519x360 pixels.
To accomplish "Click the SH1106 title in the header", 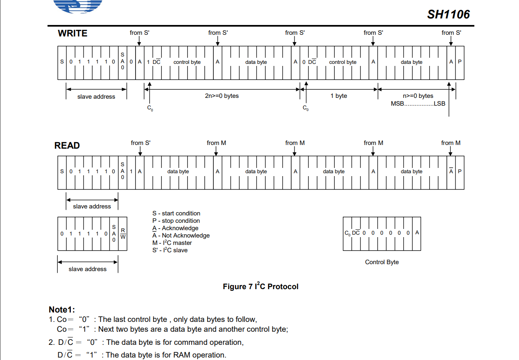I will (448, 14).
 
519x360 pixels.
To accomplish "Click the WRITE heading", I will (73, 34).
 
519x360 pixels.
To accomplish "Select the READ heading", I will (67, 145).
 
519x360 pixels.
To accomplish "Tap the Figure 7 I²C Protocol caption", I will (261, 286).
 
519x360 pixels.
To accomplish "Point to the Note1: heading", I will (62, 309).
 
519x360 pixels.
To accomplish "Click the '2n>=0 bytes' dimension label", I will (222, 96).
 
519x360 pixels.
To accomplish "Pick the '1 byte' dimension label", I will (339, 96).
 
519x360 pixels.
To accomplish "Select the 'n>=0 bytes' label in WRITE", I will (418, 96).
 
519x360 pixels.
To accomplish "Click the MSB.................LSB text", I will (418, 104).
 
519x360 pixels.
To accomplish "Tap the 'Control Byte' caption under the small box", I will (382, 262).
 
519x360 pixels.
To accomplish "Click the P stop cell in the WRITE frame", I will (460, 62).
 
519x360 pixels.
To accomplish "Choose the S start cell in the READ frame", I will (62, 171).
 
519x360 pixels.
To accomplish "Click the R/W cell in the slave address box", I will (123, 233).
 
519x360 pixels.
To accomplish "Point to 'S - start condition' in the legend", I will (176, 213).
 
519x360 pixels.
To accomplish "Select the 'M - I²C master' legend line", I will (172, 243).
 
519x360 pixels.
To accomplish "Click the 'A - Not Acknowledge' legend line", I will (181, 235).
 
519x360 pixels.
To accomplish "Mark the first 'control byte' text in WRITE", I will (187, 62).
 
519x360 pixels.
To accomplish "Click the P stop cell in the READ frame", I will (460, 171).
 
